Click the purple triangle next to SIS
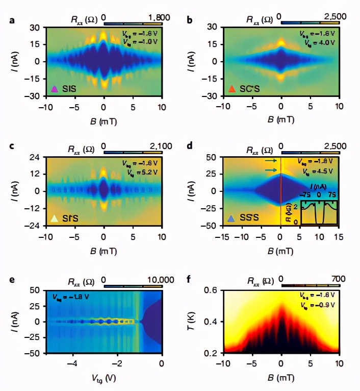tap(54, 89)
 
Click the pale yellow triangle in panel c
tap(54, 218)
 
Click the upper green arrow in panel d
tap(271, 160)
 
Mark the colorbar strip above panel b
tap(310, 22)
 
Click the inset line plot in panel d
tap(319, 211)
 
